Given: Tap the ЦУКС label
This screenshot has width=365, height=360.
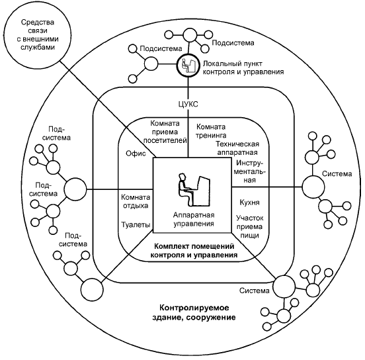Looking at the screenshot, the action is pos(188,104).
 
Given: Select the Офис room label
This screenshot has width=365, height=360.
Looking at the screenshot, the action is pos(136,154).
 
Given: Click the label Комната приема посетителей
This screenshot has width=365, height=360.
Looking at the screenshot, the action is pos(165,132).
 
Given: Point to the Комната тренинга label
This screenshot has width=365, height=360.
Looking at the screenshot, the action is pos(211,131).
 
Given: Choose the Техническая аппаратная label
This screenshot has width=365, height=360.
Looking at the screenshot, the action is pos(237,148).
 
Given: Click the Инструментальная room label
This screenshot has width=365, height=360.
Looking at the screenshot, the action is pos(250,171).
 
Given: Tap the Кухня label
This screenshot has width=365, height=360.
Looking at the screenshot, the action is pos(249,202).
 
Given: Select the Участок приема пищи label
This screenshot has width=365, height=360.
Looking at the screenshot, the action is pos(249,227).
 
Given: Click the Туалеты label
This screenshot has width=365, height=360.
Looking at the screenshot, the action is pos(136,225).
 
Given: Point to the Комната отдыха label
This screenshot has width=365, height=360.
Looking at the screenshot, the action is pos(136,202).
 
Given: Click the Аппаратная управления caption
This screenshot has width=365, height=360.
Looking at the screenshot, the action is pos(194,220).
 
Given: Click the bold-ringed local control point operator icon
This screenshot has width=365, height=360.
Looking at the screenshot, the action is pos(188,65).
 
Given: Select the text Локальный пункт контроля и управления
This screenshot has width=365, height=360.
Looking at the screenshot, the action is pos(243,67).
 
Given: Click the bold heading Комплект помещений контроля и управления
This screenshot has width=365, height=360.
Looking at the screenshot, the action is pos(194,251).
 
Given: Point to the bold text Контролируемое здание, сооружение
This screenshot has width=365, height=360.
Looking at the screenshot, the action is pos(194,312).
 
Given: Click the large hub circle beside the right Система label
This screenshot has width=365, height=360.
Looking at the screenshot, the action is pos(313,187).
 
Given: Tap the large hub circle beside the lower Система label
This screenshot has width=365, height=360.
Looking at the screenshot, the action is pos(284,287).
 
